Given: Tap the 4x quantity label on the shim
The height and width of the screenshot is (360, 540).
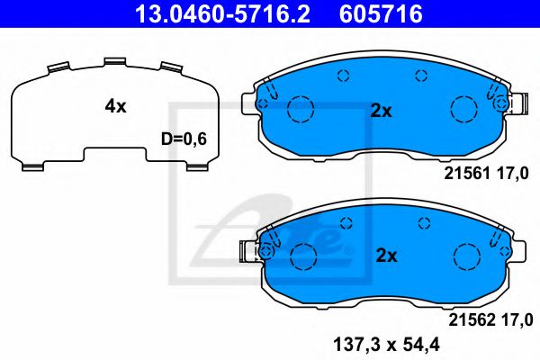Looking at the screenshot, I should tap(115, 106).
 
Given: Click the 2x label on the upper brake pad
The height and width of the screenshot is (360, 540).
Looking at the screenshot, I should tap(382, 111).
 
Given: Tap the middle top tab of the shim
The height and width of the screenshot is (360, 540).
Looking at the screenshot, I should tap(115, 62).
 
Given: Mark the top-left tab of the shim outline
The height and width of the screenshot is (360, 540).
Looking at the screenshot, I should tap(57, 67).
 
